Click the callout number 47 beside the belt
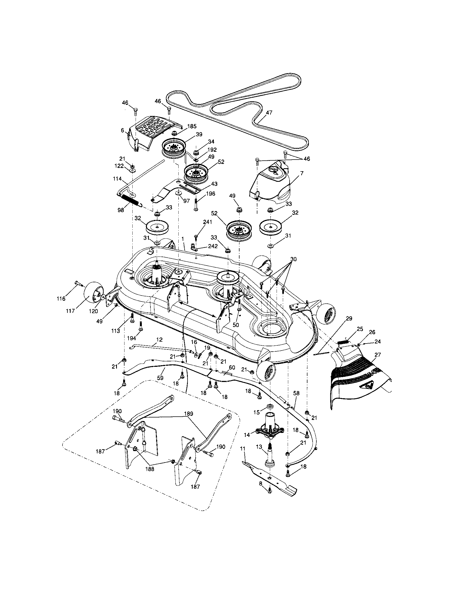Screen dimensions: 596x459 (x=269, y=112)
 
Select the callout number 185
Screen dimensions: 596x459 (x=192, y=126)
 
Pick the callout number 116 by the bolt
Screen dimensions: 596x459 (x=61, y=299)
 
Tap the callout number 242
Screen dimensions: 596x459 (x=213, y=246)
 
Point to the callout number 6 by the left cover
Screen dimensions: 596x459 (x=123, y=131)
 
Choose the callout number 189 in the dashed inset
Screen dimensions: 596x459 (x=188, y=414)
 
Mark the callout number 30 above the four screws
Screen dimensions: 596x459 (x=293, y=259)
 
